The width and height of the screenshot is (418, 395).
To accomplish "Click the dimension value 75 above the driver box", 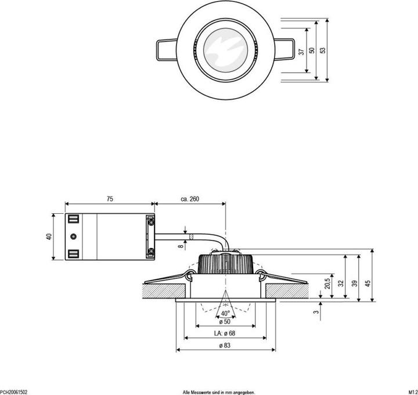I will point(110,199).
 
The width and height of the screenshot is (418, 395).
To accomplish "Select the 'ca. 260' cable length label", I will point(190,199).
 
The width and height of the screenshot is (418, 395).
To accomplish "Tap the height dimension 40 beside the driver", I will point(49,236).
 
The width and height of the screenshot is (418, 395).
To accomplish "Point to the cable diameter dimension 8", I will point(181,246).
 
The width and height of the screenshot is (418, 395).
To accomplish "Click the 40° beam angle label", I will point(225,314).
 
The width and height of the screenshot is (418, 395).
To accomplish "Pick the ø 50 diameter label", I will point(225,321).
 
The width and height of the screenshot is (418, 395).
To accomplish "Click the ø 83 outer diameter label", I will point(225,346).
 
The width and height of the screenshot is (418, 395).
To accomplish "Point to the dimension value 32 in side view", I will point(341,283).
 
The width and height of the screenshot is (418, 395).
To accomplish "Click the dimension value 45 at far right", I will point(367,283).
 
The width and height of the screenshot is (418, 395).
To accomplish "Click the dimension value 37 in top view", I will point(301,51).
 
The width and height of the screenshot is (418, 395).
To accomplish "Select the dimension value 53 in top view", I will point(323,51).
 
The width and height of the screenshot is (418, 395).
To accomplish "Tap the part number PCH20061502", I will point(13,392).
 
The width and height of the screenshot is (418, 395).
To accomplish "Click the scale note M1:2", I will point(413,392).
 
